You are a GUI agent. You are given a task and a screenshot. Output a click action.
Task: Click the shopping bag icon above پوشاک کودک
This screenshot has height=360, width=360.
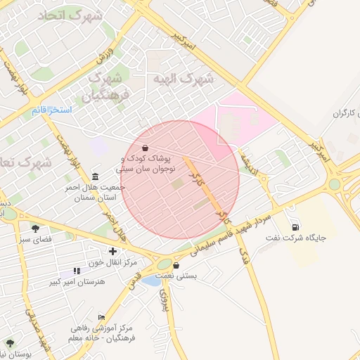pyautogui.click(x=145, y=148)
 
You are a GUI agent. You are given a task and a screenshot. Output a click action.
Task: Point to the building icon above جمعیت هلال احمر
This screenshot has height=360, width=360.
pyautogui.click(x=95, y=175)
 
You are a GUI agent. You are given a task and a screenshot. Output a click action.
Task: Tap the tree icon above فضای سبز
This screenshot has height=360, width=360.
pyautogui.click(x=35, y=228)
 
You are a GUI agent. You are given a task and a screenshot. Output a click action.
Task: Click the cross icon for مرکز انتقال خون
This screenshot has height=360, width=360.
pyautogui.click(x=112, y=251)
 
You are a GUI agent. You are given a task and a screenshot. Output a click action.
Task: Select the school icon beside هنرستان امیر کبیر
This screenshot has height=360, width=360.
pyautogui.click(x=76, y=271)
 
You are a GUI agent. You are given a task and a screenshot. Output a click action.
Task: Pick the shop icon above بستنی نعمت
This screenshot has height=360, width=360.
pyautogui.click(x=175, y=265)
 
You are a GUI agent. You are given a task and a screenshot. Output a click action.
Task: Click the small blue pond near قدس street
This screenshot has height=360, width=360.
pyautogui.click(x=150, y=281)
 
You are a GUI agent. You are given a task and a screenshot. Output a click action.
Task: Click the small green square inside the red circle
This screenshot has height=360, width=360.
pyautogui.click(x=177, y=184)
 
